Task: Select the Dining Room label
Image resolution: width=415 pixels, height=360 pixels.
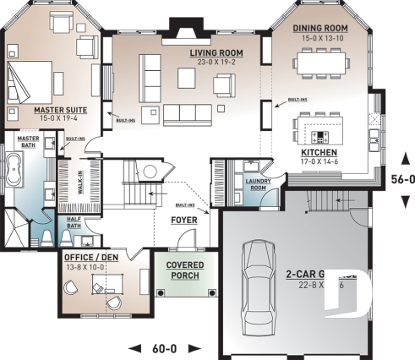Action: coord(320,28)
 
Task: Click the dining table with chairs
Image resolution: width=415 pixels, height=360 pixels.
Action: coord(321,63)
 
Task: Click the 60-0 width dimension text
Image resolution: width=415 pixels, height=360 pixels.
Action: coord(165,347)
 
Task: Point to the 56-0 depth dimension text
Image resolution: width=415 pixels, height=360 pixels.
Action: coord(401,179)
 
